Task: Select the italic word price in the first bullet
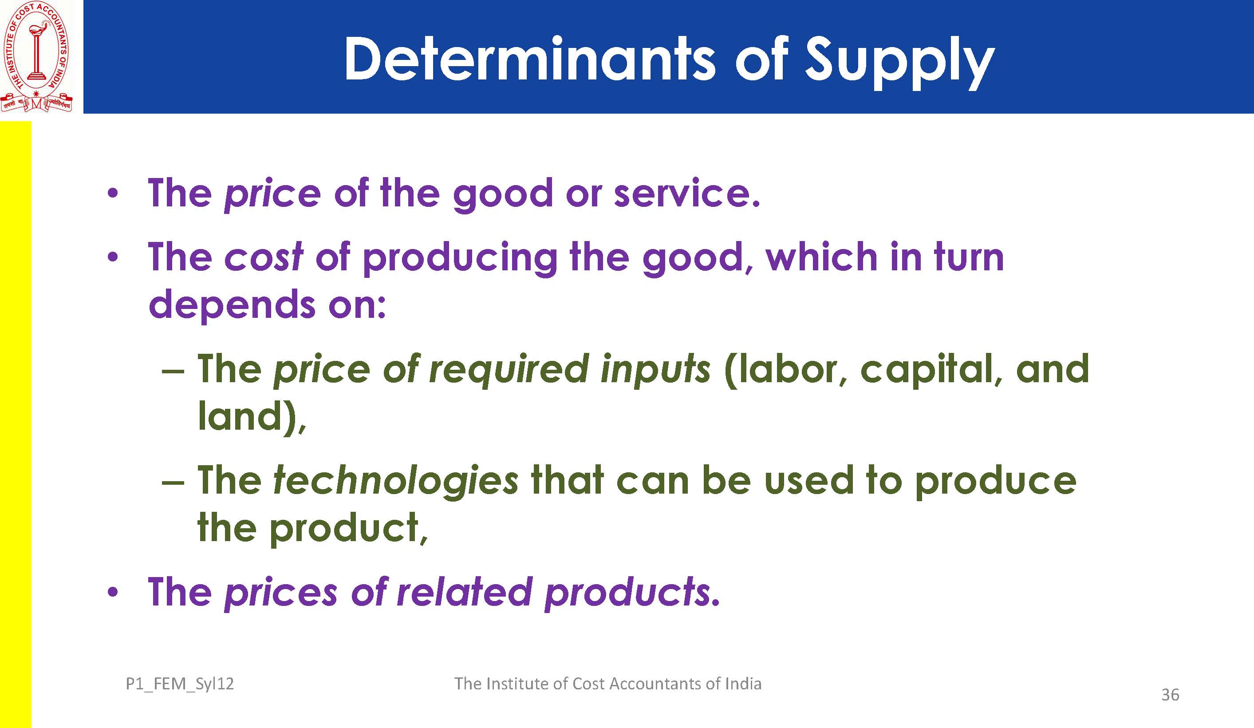[272, 194]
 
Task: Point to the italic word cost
[263, 257]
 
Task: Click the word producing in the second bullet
[459, 259]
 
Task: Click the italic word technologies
[396, 482]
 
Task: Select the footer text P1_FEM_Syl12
[180, 684]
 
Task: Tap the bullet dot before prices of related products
[113, 592]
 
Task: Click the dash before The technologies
[173, 483]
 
